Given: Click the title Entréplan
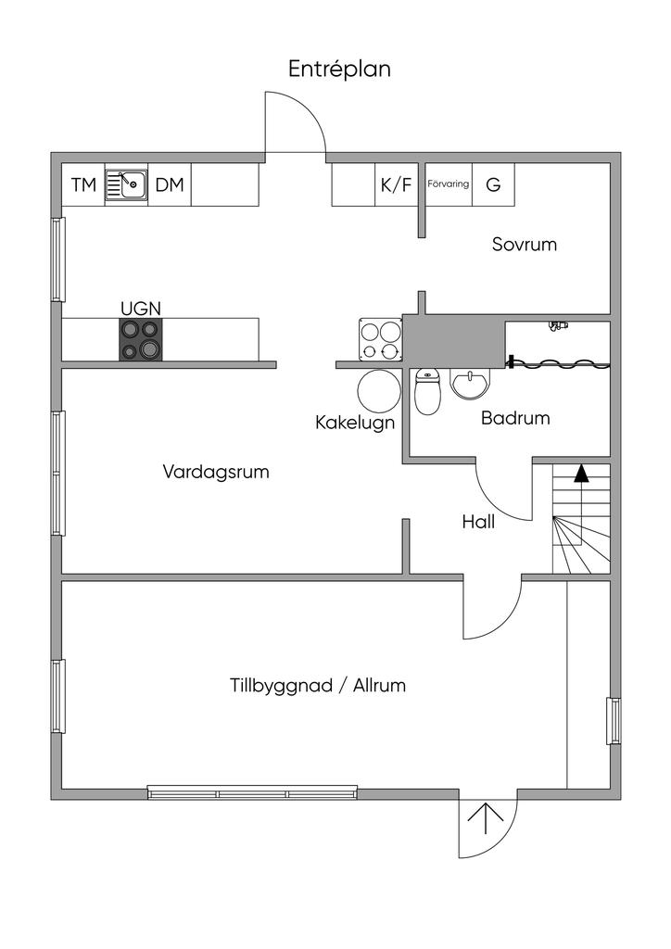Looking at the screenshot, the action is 339,69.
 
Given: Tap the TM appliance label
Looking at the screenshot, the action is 83,184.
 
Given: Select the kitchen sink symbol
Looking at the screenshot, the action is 126,184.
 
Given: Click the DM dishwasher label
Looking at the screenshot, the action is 170,184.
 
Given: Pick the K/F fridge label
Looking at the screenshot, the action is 396,184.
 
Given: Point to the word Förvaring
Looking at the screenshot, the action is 449,183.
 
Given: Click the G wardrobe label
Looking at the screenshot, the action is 493,184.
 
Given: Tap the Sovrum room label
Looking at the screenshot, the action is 524,245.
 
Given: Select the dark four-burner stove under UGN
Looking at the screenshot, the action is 140,339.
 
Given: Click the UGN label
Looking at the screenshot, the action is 140,309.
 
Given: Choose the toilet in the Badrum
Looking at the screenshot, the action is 428,392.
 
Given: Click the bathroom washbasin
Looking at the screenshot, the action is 470,385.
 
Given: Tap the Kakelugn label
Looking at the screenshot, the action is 355,423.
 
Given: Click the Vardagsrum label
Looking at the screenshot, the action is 216,472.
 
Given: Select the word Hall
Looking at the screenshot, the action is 478,522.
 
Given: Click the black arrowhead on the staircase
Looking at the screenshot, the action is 581,474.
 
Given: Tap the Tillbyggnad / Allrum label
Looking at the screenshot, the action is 318,686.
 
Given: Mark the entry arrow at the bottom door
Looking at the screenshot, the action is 486,818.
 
